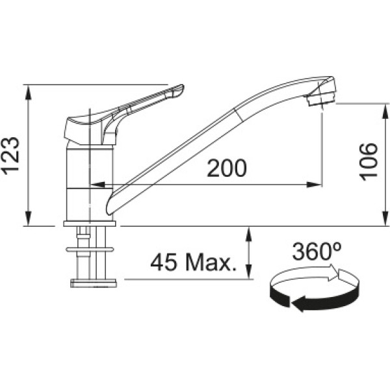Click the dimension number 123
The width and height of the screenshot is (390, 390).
coord(10,155)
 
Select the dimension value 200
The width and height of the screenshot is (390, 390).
coord(227,168)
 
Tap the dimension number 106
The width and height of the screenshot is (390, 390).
coord(369,162)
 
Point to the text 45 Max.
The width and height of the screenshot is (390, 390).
coord(194,263)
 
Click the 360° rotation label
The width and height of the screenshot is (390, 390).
coord(317,251)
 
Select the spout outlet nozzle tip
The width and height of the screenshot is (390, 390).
coord(321,99)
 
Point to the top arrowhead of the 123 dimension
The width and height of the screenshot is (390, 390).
coord(29,92)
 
